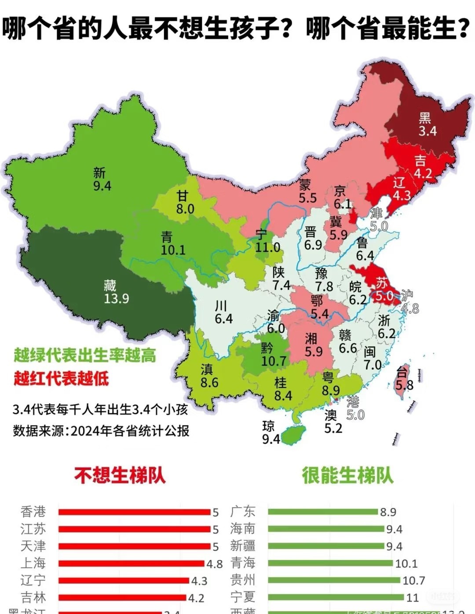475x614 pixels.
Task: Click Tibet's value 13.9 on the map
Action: click(117, 299)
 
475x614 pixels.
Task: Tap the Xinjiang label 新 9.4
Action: click(102, 180)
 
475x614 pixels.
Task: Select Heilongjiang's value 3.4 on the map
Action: click(427, 131)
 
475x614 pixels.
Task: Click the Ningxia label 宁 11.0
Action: click(267, 242)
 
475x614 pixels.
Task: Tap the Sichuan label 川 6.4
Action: click(223, 313)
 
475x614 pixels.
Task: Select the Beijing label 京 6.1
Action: click(342, 198)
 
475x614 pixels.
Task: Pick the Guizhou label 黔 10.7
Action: click(273, 355)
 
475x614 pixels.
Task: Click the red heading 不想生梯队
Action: click(120, 475)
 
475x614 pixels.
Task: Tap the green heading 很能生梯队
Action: click(347, 475)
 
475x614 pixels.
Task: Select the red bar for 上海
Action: click(132, 563)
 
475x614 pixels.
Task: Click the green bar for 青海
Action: click(330, 563)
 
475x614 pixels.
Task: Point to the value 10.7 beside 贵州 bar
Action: click(413, 581)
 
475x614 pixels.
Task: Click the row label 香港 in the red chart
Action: click(33, 512)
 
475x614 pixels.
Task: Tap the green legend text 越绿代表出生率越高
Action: click(85, 355)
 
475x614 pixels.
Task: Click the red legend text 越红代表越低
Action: click(61, 378)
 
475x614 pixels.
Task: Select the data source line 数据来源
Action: click(101, 430)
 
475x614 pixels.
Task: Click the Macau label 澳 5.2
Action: click(332, 421)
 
